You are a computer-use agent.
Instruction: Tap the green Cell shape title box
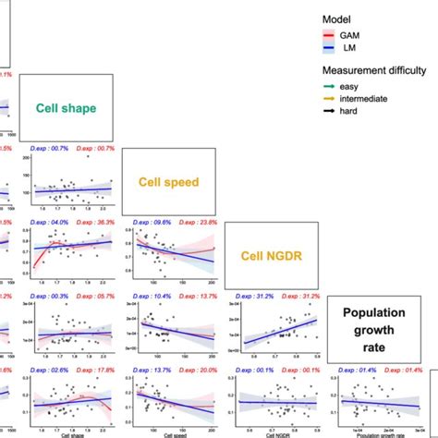click(66, 107)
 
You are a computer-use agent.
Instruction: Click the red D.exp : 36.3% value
click(94, 222)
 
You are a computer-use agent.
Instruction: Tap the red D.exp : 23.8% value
click(197, 222)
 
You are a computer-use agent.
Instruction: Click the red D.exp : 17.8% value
click(94, 370)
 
